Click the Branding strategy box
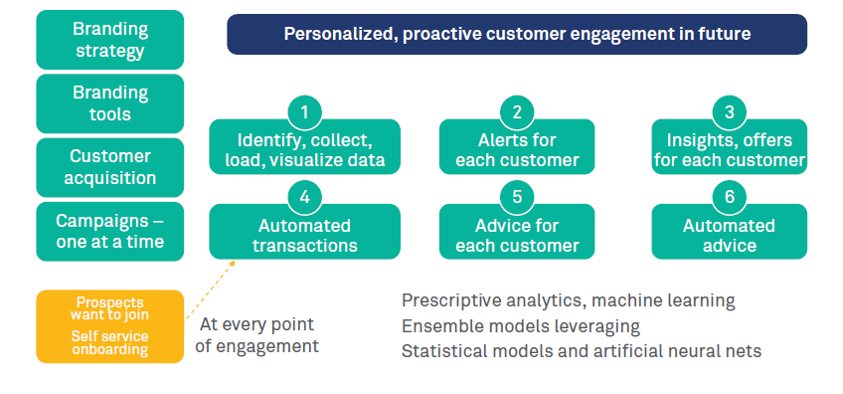(109, 40)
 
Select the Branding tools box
(109, 103)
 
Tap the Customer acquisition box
(109, 167)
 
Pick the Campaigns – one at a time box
(109, 232)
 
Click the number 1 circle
(305, 112)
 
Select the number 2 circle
(517, 112)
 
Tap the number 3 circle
(729, 112)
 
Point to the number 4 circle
(305, 197)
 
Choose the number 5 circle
(517, 197)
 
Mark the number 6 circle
(729, 197)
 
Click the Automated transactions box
(305, 232)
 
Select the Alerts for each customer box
(517, 146)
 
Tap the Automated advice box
(729, 232)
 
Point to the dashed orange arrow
(210, 291)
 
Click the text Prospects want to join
(109, 307)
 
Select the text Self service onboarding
(109, 343)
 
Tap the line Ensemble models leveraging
(521, 326)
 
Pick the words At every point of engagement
(257, 334)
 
